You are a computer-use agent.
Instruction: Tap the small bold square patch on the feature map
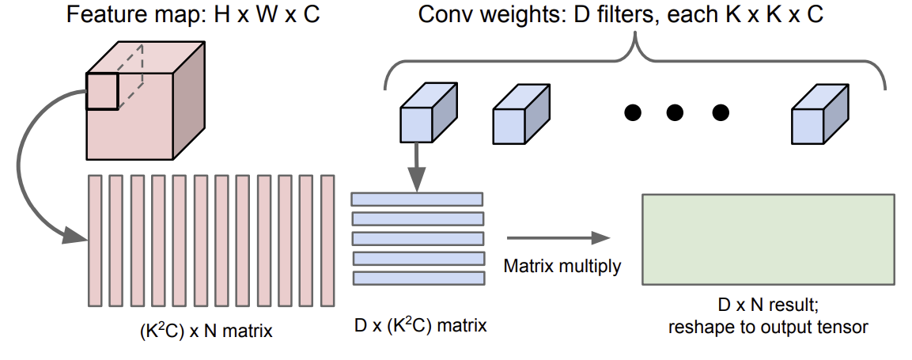pos(102,91)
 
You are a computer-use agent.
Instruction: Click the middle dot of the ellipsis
pos(675,112)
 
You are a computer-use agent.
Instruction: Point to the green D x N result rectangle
pos(768,240)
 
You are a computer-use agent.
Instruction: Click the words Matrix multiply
pos(562,267)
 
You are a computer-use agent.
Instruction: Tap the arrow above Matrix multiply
pos(558,238)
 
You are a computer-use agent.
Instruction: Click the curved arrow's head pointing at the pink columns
pos(74,235)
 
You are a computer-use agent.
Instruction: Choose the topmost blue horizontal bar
pos(417,199)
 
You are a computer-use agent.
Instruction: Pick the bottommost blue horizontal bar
pos(418,278)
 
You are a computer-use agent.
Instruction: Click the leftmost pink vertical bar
pos(95,241)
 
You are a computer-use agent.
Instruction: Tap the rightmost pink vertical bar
pos(327,241)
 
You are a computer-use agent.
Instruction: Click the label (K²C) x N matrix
pos(206,332)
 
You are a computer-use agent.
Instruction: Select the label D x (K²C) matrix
pos(421,324)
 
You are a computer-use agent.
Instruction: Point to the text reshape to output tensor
pos(768,327)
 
